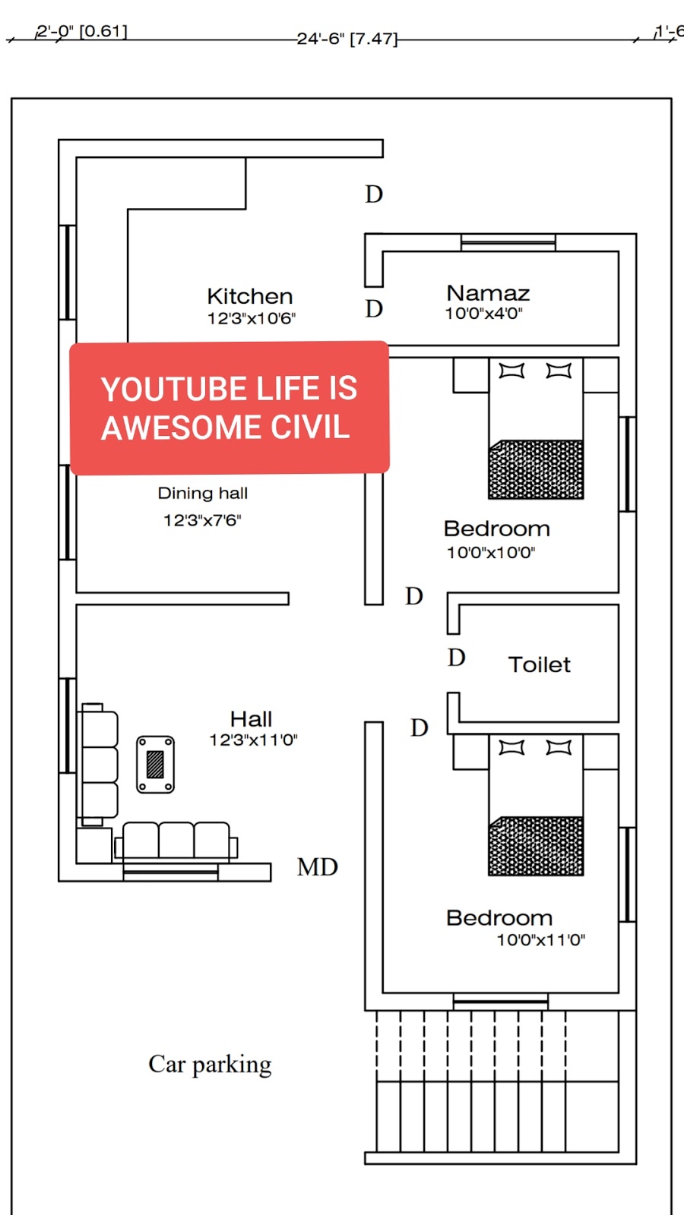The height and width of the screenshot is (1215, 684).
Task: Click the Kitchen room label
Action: [x=250, y=296]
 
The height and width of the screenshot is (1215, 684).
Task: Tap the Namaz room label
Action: [x=488, y=293]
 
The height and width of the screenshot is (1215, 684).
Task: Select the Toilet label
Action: [x=539, y=664]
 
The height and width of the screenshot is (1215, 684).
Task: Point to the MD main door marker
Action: [x=318, y=866]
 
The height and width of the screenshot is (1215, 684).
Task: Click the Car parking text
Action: [x=210, y=1065]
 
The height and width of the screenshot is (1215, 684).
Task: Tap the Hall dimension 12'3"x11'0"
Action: [x=254, y=740]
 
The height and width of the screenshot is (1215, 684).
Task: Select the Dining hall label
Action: [x=202, y=493]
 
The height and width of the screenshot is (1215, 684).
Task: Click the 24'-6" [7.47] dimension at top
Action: [x=347, y=39]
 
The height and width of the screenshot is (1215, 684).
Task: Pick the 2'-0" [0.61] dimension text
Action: [x=82, y=31]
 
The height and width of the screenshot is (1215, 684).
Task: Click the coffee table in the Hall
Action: [x=155, y=764]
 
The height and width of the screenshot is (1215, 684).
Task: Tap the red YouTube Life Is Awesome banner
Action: [x=229, y=408]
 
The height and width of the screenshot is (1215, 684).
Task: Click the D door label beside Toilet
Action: [x=457, y=658]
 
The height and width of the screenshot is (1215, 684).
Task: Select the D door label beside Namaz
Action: [x=374, y=308]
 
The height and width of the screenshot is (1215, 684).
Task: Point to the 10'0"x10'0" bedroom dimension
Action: [x=491, y=553]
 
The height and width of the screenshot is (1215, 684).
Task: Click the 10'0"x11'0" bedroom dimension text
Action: [x=541, y=939]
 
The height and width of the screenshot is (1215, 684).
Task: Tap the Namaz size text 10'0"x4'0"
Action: [x=483, y=314]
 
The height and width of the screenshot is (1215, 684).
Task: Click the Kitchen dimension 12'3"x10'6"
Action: [x=252, y=318]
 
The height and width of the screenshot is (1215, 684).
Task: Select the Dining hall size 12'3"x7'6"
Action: [x=202, y=521]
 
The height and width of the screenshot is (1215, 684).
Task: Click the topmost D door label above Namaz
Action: [x=374, y=194]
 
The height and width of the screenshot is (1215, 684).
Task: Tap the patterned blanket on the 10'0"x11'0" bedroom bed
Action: [x=537, y=846]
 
